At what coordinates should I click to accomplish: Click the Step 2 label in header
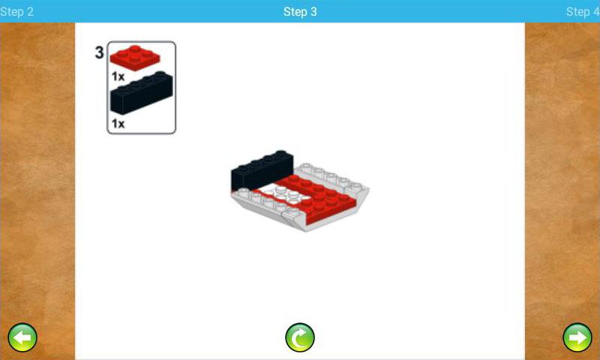click(16, 12)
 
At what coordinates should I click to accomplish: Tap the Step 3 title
click(300, 12)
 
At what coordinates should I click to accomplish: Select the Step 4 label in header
click(583, 12)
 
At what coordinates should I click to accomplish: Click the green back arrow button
click(22, 337)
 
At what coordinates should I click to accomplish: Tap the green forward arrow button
click(577, 337)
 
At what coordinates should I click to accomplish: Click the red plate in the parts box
click(135, 58)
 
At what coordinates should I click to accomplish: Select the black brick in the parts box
click(141, 93)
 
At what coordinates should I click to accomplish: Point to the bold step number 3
click(99, 52)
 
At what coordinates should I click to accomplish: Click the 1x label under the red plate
click(118, 76)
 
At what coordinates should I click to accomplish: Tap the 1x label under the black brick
click(118, 124)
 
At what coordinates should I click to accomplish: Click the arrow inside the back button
click(22, 337)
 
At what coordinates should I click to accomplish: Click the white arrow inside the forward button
click(577, 337)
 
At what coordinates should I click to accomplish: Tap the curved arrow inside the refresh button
click(301, 337)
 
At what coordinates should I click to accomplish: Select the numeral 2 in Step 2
click(30, 12)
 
